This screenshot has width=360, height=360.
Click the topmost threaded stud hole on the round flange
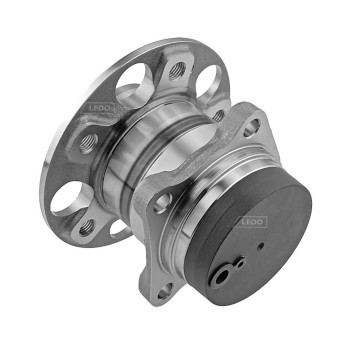[x=175, y=71]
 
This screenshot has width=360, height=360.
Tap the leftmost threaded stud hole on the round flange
[x=87, y=142]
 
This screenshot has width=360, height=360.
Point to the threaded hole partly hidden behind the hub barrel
[x=218, y=116]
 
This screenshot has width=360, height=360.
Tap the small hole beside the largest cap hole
[x=240, y=263]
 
